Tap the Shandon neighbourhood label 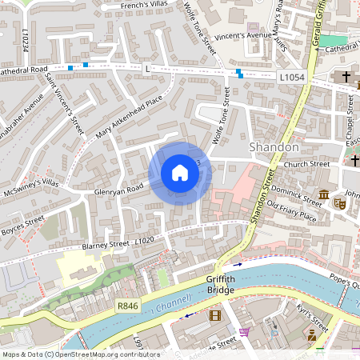tap(274, 147)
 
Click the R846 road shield tap(127, 305)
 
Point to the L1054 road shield tap(293, 76)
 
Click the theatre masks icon tap(338, 204)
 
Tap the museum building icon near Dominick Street tap(323, 195)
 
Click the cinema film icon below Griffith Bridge tap(214, 315)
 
